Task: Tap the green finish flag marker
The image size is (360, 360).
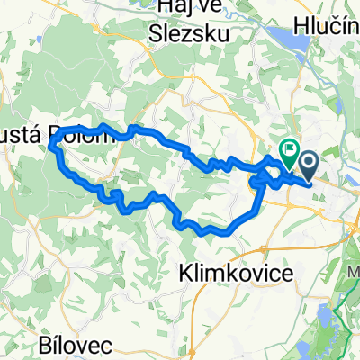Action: pos(290,153)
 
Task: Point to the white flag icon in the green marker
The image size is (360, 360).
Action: pos(290,149)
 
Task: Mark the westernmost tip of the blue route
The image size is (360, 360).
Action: pos(50,142)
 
